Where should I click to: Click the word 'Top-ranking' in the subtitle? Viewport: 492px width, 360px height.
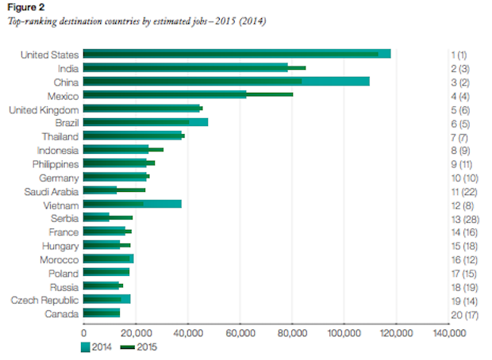tap(31, 21)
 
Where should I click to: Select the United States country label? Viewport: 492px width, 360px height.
tap(49, 55)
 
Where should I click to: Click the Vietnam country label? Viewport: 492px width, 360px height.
tap(61, 205)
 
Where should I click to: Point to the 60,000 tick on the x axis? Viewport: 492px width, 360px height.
tap(240, 332)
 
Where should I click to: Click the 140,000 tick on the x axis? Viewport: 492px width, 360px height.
tap(449, 332)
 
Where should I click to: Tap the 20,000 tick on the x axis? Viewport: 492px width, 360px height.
tap(135, 332)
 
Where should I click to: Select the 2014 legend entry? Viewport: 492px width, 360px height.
tap(96, 347)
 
